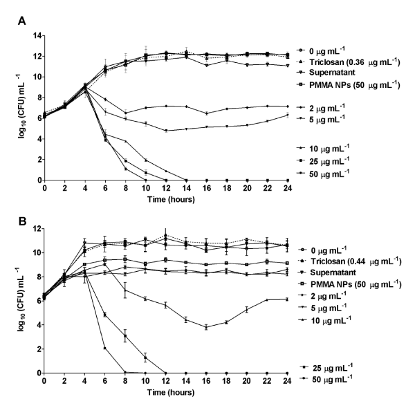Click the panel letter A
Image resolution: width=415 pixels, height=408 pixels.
click(x=22, y=21)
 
